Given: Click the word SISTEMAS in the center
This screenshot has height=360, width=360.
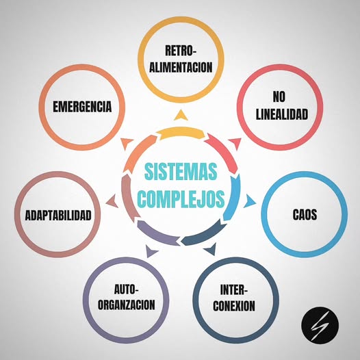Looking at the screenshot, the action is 181,172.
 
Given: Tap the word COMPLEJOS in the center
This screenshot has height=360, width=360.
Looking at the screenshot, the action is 181,198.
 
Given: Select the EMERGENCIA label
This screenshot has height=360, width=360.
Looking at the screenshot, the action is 82,107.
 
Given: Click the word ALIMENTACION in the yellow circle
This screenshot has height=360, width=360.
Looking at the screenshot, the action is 181,67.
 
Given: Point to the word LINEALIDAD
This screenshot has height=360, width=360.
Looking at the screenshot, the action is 282,114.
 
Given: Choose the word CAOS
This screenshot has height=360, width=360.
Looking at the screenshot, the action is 305,215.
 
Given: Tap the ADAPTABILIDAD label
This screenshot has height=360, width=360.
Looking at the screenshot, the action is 58,216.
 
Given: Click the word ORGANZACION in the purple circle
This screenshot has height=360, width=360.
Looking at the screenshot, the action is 127,305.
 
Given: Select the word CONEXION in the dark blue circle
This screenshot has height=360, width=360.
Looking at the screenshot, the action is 234,305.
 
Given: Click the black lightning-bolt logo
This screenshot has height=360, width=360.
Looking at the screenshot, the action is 320,325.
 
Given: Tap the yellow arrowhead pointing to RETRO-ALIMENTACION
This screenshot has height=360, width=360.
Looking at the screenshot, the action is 181,116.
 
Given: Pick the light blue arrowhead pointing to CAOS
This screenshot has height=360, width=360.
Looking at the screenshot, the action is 249,201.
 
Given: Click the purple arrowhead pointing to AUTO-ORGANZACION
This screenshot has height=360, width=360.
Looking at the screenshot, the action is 150,251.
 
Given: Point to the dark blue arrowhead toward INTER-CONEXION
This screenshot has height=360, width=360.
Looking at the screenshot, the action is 211,249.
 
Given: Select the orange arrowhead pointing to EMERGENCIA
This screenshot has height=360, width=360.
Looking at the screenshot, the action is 127,143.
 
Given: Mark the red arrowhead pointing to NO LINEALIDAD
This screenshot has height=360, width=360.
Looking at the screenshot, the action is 235,143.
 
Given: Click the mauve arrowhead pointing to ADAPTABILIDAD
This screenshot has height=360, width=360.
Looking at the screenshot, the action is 112,201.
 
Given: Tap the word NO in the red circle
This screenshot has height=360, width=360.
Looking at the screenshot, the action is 279,97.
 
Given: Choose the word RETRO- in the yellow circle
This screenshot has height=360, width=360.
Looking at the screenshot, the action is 181,51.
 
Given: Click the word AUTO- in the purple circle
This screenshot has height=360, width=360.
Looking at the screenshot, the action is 127,289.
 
